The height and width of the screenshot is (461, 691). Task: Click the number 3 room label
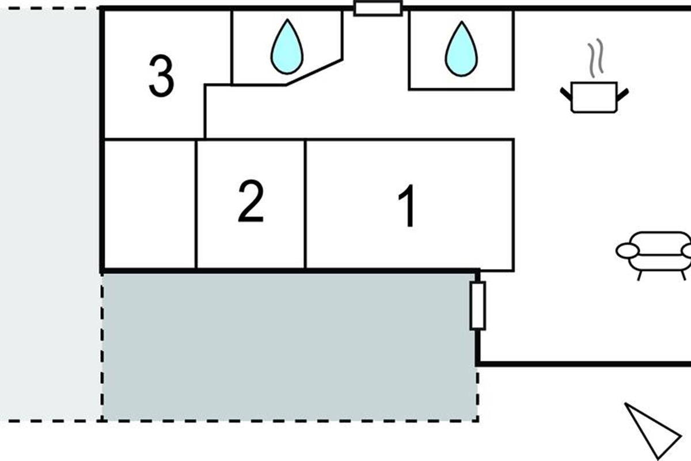[x=161, y=76]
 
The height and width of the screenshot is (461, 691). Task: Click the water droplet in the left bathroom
[x=287, y=47]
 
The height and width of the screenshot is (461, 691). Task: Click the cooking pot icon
[x=594, y=97]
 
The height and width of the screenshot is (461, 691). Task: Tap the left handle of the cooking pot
[x=565, y=92]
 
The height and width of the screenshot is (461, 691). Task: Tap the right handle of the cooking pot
[x=622, y=92]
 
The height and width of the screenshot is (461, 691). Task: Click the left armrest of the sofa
[x=627, y=251]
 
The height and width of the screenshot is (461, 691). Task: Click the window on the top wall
[x=377, y=9]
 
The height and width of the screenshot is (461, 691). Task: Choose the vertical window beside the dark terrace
[x=477, y=305]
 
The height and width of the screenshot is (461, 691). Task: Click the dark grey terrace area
[x=288, y=346]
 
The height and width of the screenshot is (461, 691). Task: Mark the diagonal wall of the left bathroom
[x=315, y=72]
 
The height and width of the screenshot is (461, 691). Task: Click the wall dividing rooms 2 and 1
[x=305, y=205]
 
